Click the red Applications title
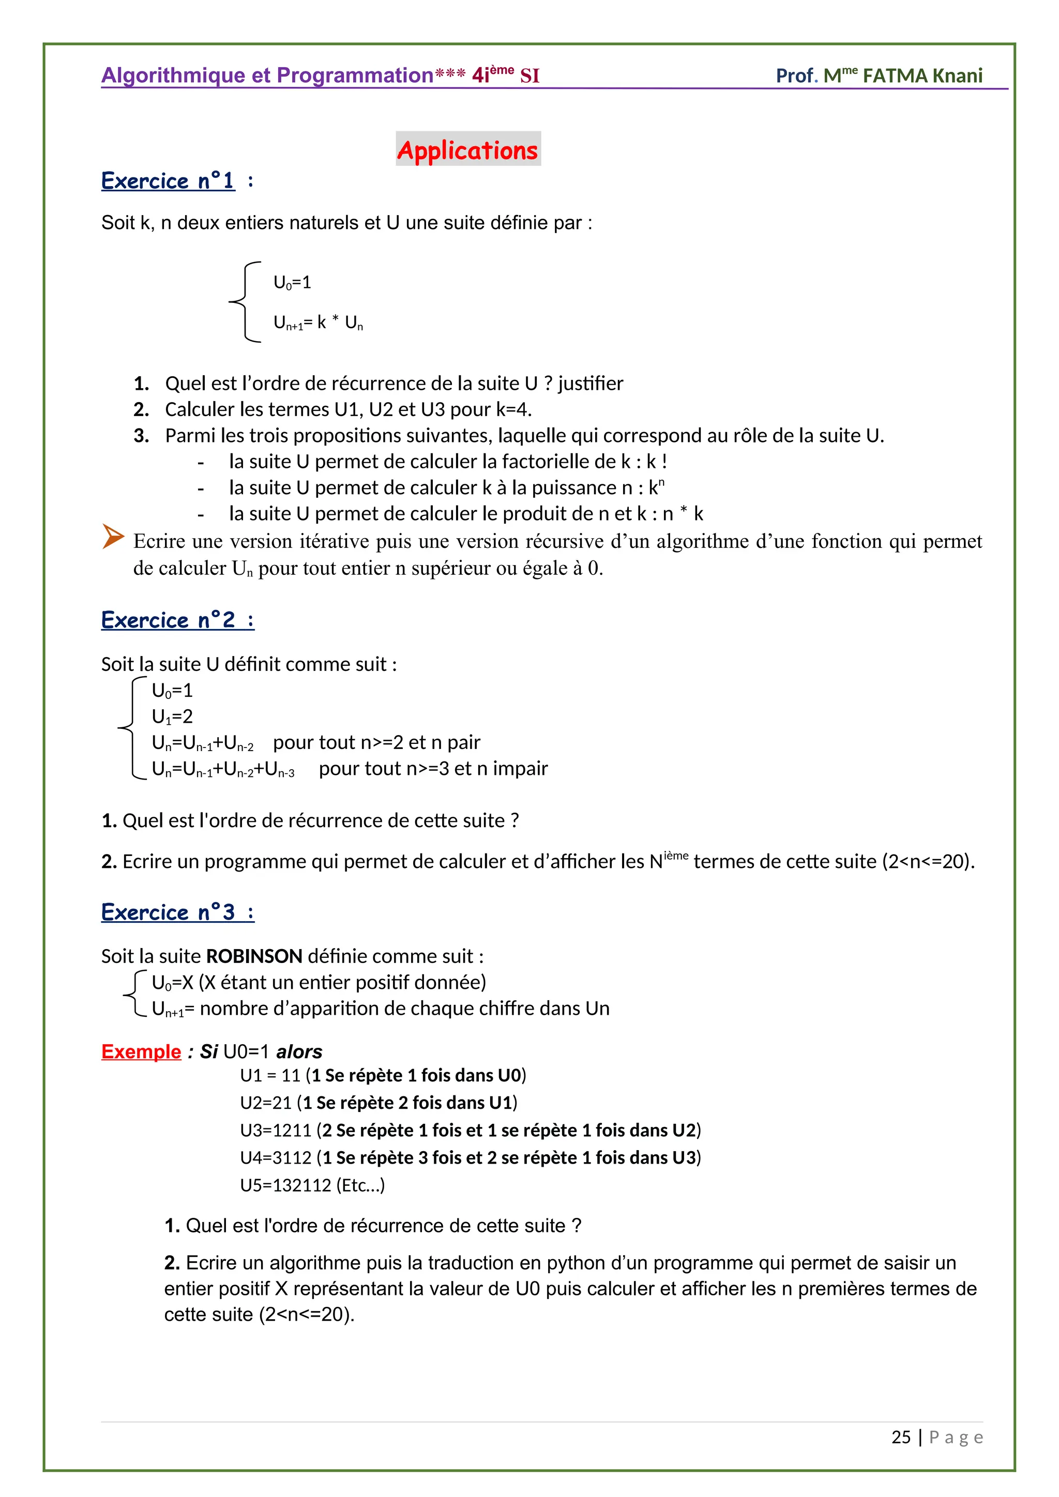[x=467, y=150]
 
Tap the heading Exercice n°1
[x=168, y=180]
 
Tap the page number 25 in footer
[x=901, y=1437]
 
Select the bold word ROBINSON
[x=254, y=956]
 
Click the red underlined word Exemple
[x=141, y=1052]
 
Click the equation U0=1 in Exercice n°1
[x=292, y=282]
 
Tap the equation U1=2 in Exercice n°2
[x=172, y=716]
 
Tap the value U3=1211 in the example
[x=276, y=1130]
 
